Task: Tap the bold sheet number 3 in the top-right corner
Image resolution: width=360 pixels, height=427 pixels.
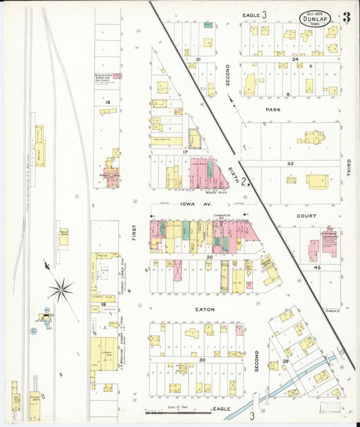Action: [346, 18]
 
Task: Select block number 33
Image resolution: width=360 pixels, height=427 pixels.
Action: [290, 164]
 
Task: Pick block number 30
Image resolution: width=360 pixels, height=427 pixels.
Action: [202, 360]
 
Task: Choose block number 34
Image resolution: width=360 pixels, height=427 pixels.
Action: [295, 59]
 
